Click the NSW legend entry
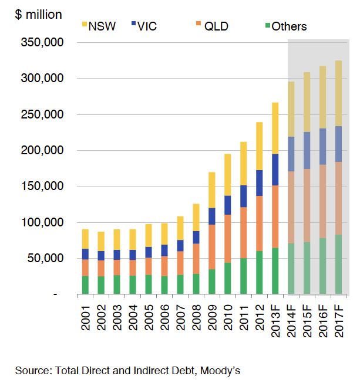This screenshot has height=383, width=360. coord(98,26)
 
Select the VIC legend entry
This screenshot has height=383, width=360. coord(145,26)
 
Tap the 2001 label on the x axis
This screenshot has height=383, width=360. coord(85,316)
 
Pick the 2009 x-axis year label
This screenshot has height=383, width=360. coord(211,316)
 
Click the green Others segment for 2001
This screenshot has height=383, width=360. coord(85,285)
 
